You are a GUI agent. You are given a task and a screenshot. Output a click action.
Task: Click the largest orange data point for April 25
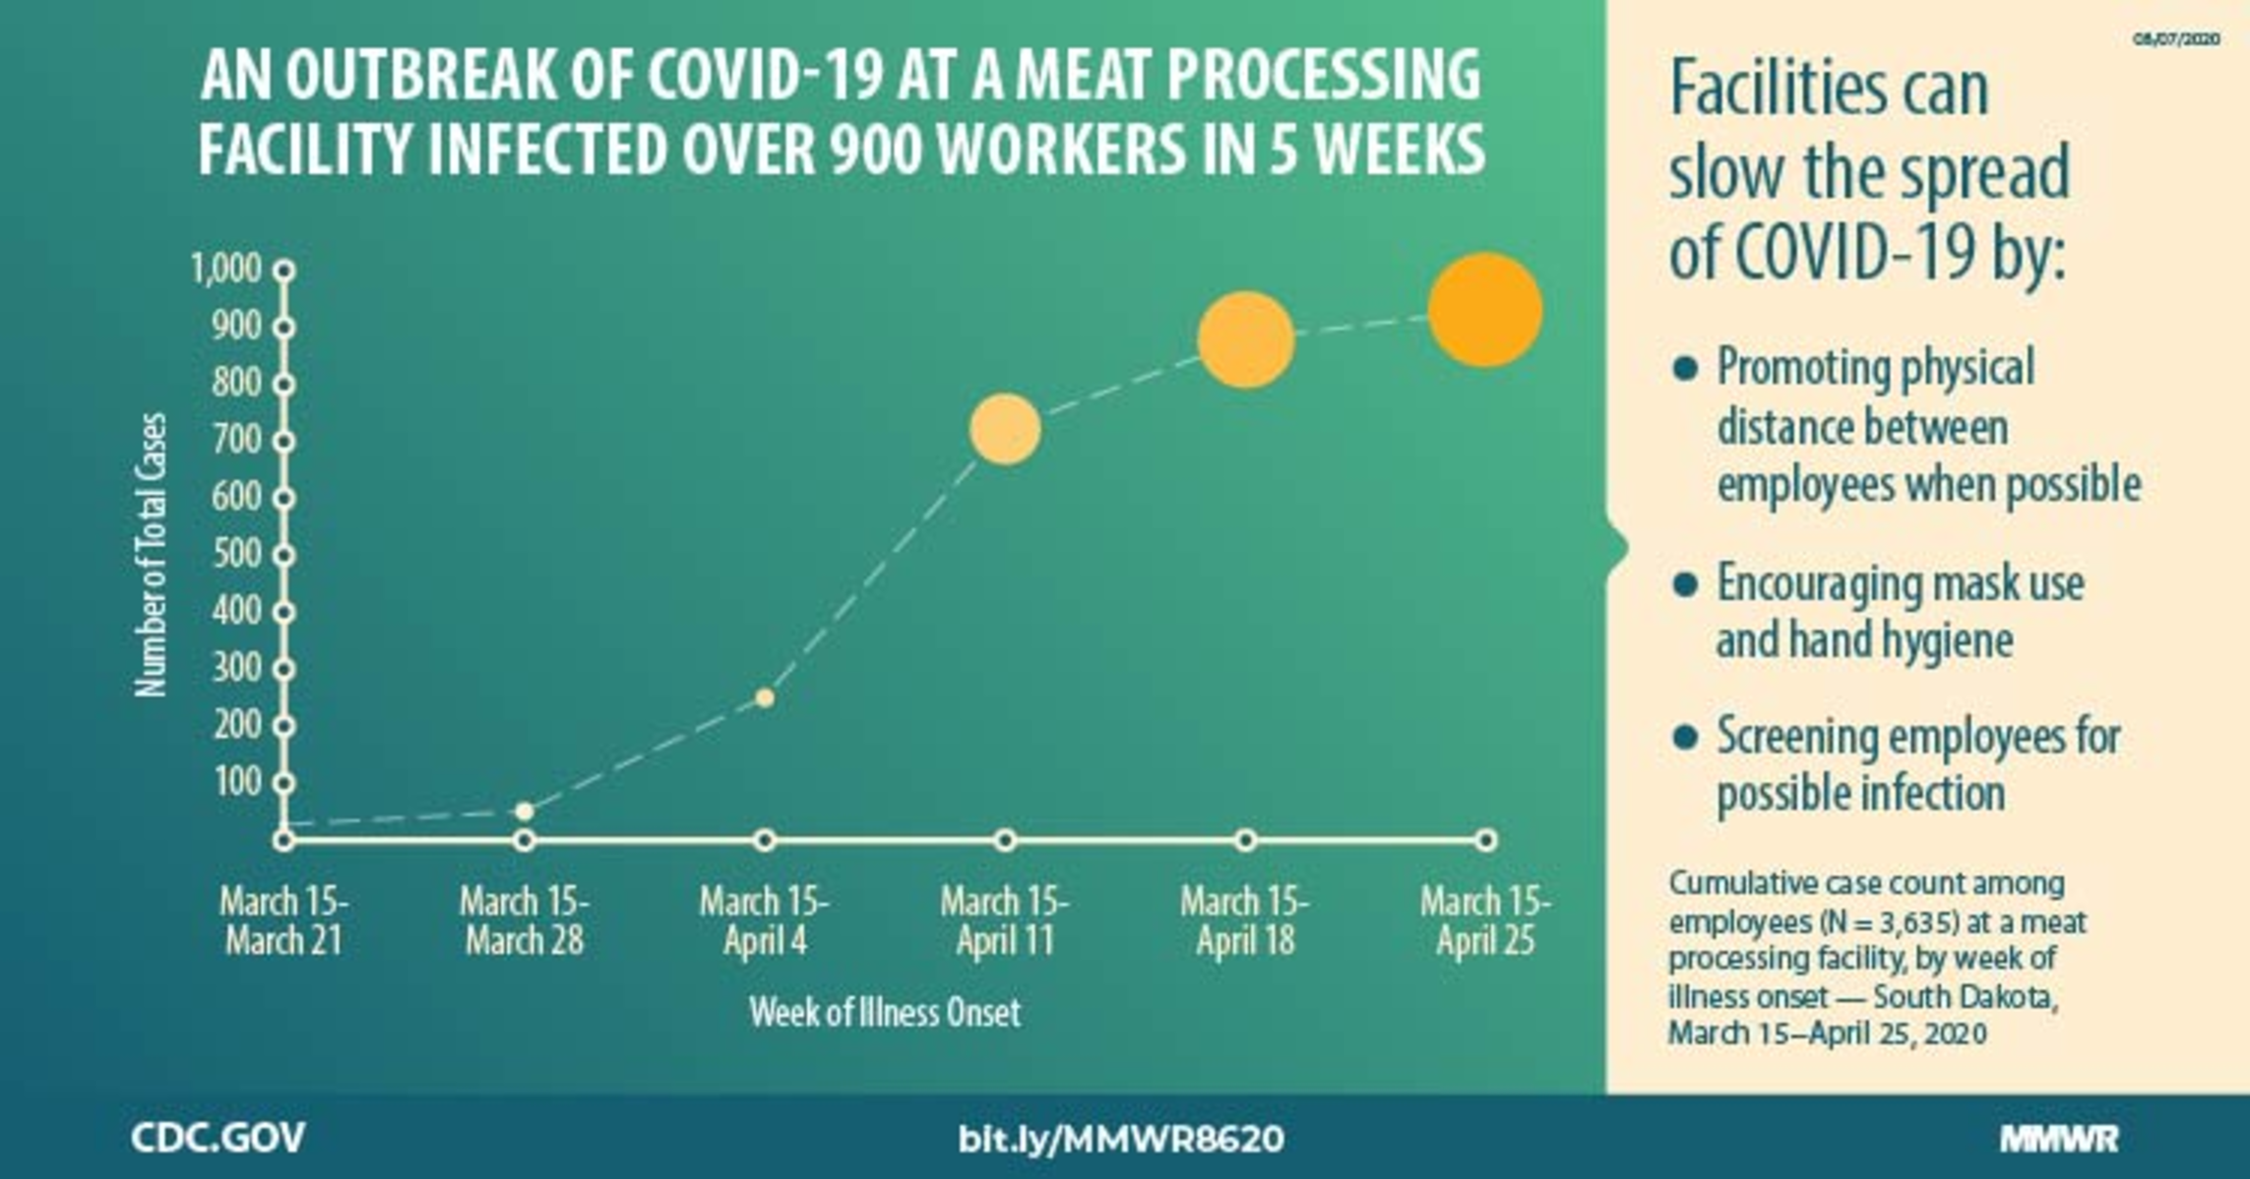(x=1484, y=310)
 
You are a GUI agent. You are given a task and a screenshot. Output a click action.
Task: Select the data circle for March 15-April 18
(x=1245, y=341)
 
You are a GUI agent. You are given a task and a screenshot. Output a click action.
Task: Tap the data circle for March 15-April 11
(x=1005, y=429)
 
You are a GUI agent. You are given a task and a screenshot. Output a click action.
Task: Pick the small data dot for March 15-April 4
(x=765, y=698)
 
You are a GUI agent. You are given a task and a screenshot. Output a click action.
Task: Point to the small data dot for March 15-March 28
(x=525, y=811)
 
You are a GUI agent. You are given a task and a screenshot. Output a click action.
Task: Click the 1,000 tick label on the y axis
(x=226, y=269)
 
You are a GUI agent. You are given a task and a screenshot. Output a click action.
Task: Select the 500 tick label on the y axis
(x=236, y=554)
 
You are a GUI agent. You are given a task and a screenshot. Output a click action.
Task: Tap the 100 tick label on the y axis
(x=236, y=782)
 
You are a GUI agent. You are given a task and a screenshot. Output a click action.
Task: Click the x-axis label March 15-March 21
(x=283, y=921)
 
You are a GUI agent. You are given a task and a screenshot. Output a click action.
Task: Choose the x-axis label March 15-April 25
(x=1485, y=921)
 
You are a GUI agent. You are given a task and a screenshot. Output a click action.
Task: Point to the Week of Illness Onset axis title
(x=885, y=1013)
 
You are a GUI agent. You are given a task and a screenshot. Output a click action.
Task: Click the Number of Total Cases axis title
(x=152, y=555)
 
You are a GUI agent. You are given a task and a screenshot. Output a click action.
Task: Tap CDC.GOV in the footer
(x=218, y=1138)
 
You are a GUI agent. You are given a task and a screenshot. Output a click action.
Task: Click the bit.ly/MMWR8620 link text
(x=1121, y=1139)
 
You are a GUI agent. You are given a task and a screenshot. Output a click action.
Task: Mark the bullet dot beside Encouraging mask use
(x=1685, y=585)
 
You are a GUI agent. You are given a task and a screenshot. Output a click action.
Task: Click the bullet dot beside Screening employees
(x=1685, y=737)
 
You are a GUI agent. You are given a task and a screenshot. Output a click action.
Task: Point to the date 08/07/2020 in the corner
(x=2176, y=39)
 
